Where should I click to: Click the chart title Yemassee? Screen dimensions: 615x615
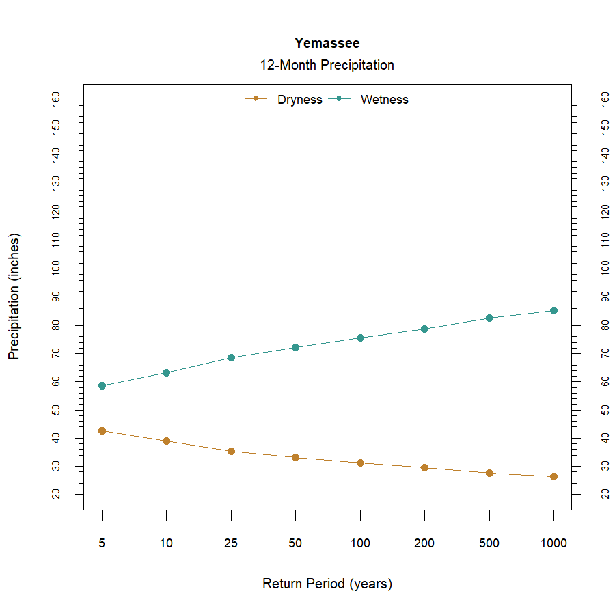[x=327, y=43]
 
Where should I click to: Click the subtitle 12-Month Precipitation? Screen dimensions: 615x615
[x=327, y=66]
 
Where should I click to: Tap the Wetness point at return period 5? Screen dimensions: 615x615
[x=102, y=385]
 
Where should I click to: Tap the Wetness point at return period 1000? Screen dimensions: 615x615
[x=553, y=310]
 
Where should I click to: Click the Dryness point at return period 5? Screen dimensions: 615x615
[x=102, y=430]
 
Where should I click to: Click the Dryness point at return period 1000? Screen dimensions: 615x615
[x=553, y=476]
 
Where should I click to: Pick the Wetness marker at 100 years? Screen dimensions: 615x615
[x=360, y=338]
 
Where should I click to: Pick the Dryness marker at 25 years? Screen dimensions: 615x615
[x=231, y=451]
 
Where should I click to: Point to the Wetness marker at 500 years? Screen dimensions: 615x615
[x=489, y=318]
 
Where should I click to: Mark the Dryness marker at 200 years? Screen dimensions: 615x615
[x=424, y=467]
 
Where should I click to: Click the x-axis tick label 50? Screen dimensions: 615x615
[x=295, y=544]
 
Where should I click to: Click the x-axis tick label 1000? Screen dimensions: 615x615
[x=553, y=544]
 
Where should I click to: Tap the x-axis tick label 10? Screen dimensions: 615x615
[x=166, y=544]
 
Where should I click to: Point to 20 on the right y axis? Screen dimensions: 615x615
[x=605, y=494]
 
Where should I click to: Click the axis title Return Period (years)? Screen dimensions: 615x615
[x=327, y=584]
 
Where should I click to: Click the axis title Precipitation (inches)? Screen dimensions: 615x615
[x=14, y=297]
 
